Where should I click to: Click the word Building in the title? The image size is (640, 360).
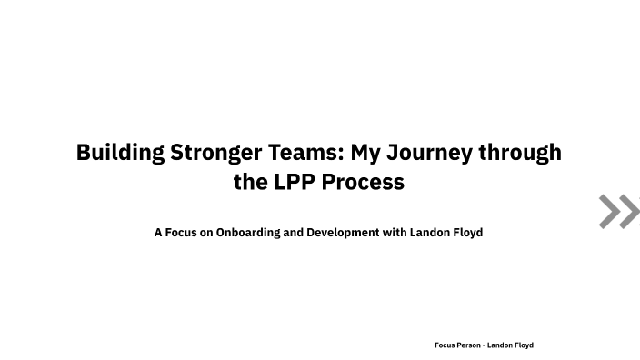(120, 152)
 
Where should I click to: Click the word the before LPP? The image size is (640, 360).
(250, 182)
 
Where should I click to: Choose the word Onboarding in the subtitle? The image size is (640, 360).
(248, 233)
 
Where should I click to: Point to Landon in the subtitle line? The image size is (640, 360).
(429, 233)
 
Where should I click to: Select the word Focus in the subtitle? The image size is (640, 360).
(181, 233)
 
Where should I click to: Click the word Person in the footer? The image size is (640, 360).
(469, 345)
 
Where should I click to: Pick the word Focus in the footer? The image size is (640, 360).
(445, 345)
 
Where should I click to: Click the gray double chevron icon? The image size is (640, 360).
(619, 212)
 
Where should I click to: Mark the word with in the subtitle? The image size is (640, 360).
(395, 233)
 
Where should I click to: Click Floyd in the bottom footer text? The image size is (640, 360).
(525, 345)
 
